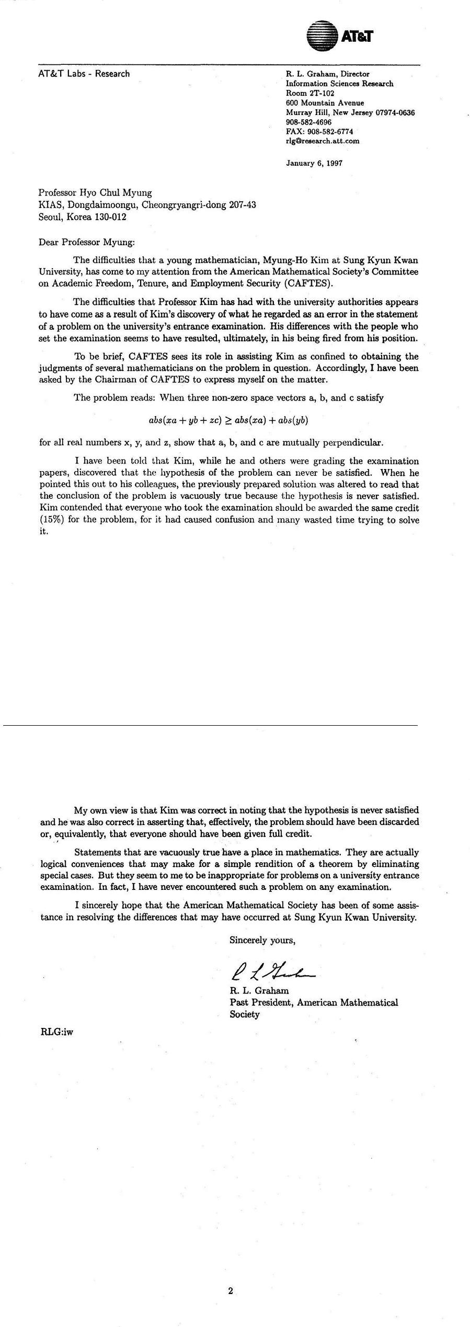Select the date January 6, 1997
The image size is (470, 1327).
(x=314, y=163)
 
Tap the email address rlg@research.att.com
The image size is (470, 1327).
(x=322, y=141)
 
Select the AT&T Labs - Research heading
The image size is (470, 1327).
(x=84, y=74)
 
